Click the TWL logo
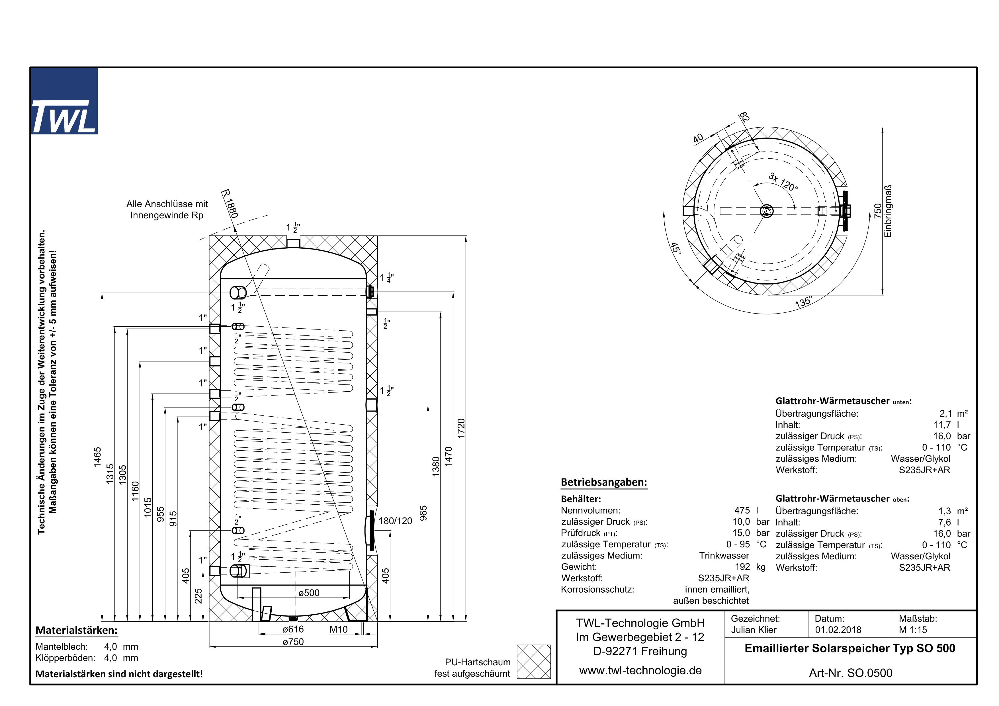click(64, 101)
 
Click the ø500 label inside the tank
click(309, 593)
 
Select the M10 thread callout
click(339, 629)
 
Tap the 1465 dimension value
click(97, 457)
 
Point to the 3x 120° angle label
click(783, 182)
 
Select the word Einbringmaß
click(888, 211)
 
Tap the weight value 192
click(742, 567)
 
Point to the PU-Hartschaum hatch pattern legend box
click(533, 662)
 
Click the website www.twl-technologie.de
click(640, 670)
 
